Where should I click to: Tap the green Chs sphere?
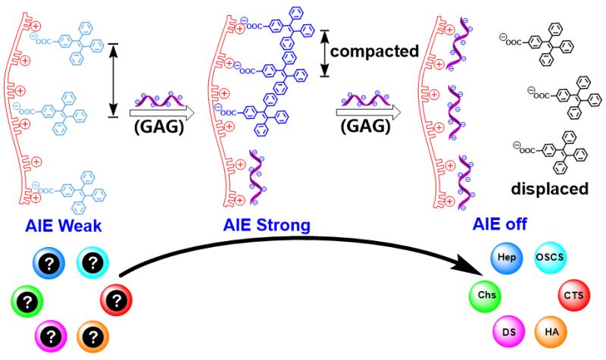tap(484, 293)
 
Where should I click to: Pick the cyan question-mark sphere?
tap(92, 261)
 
